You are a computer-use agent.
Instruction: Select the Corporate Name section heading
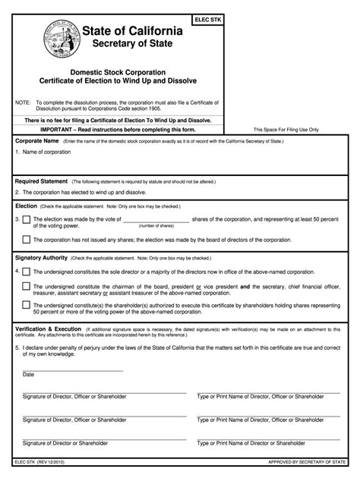point(37,141)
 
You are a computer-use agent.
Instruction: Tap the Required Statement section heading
point(42,182)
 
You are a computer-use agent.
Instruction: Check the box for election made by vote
point(27,220)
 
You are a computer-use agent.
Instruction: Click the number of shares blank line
point(156,221)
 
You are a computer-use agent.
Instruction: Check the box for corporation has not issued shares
point(27,240)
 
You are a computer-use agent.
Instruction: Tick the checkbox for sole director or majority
point(27,271)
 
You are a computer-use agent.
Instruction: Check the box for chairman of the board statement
point(27,286)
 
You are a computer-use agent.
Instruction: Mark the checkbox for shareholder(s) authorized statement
point(27,304)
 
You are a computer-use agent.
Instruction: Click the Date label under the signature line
point(29,375)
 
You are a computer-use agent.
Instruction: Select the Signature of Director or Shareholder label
point(65,442)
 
